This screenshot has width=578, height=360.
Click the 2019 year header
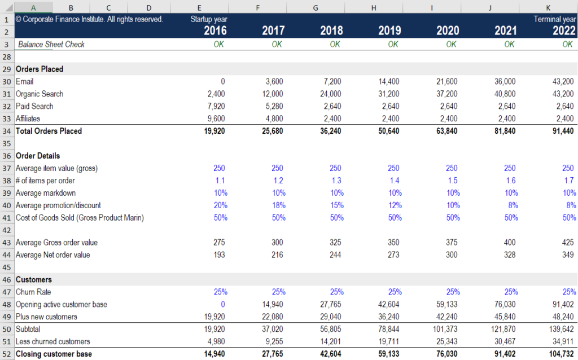[x=389, y=30]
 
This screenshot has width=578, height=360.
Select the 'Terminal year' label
[x=555, y=19]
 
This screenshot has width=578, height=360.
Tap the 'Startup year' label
[x=209, y=19]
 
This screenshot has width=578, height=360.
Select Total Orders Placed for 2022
[x=563, y=131]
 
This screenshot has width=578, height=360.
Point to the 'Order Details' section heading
[x=38, y=156]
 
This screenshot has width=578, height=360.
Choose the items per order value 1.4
[x=393, y=181]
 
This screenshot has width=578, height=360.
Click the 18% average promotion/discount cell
[x=277, y=205]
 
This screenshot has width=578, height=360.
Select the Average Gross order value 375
[x=451, y=243]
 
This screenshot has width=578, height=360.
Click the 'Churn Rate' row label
[x=33, y=292]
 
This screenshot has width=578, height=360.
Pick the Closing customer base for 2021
[x=505, y=354]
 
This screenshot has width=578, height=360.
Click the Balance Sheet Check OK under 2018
[x=335, y=45]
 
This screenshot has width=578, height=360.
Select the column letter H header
[x=374, y=7]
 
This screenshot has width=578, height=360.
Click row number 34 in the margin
[x=7, y=131]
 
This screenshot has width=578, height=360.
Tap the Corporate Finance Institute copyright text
[x=89, y=19]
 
